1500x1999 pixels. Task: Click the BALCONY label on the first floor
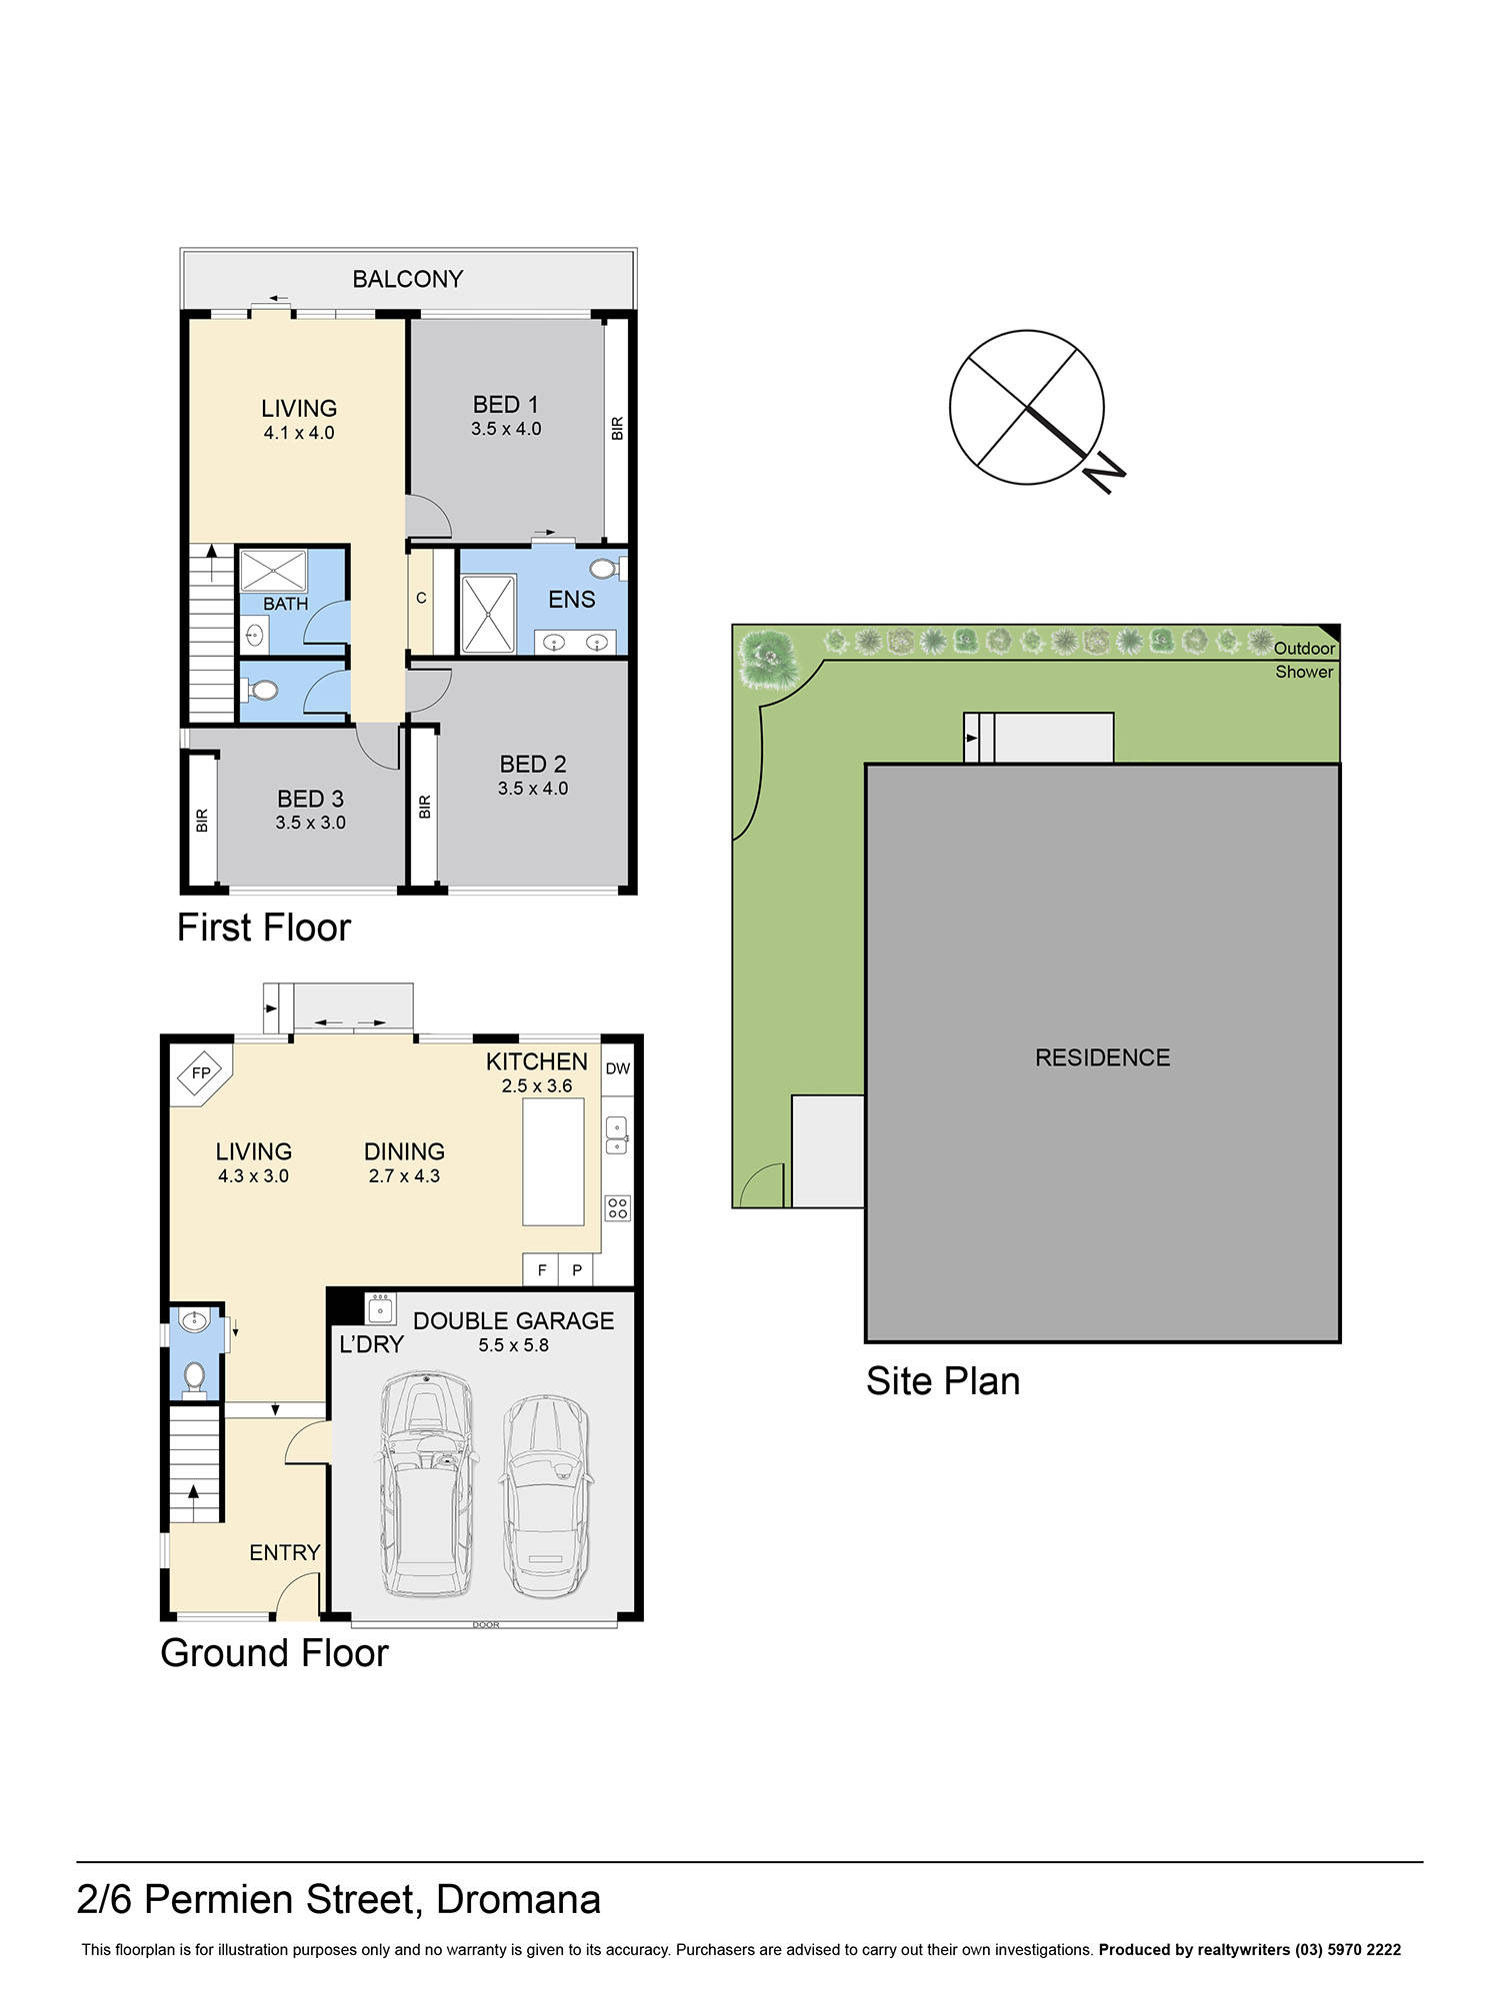(407, 279)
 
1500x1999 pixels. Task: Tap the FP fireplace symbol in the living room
(201, 1072)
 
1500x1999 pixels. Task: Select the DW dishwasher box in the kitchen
(618, 1068)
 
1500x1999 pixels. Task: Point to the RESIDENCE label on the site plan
(1102, 1057)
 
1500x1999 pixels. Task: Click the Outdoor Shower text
(1304, 660)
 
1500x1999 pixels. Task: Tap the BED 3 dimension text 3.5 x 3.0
(310, 823)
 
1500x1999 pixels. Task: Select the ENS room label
(571, 599)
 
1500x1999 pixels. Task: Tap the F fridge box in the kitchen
(542, 1270)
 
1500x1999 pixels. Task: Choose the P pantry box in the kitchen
(577, 1270)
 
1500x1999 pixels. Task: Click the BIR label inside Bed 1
(617, 429)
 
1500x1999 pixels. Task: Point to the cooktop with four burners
(618, 1207)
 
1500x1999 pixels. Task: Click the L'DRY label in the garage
(371, 1344)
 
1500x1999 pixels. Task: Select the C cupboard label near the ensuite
(421, 598)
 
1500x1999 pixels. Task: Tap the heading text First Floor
(264, 928)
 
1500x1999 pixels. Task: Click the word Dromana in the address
(518, 1899)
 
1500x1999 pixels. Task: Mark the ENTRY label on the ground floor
(285, 1552)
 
